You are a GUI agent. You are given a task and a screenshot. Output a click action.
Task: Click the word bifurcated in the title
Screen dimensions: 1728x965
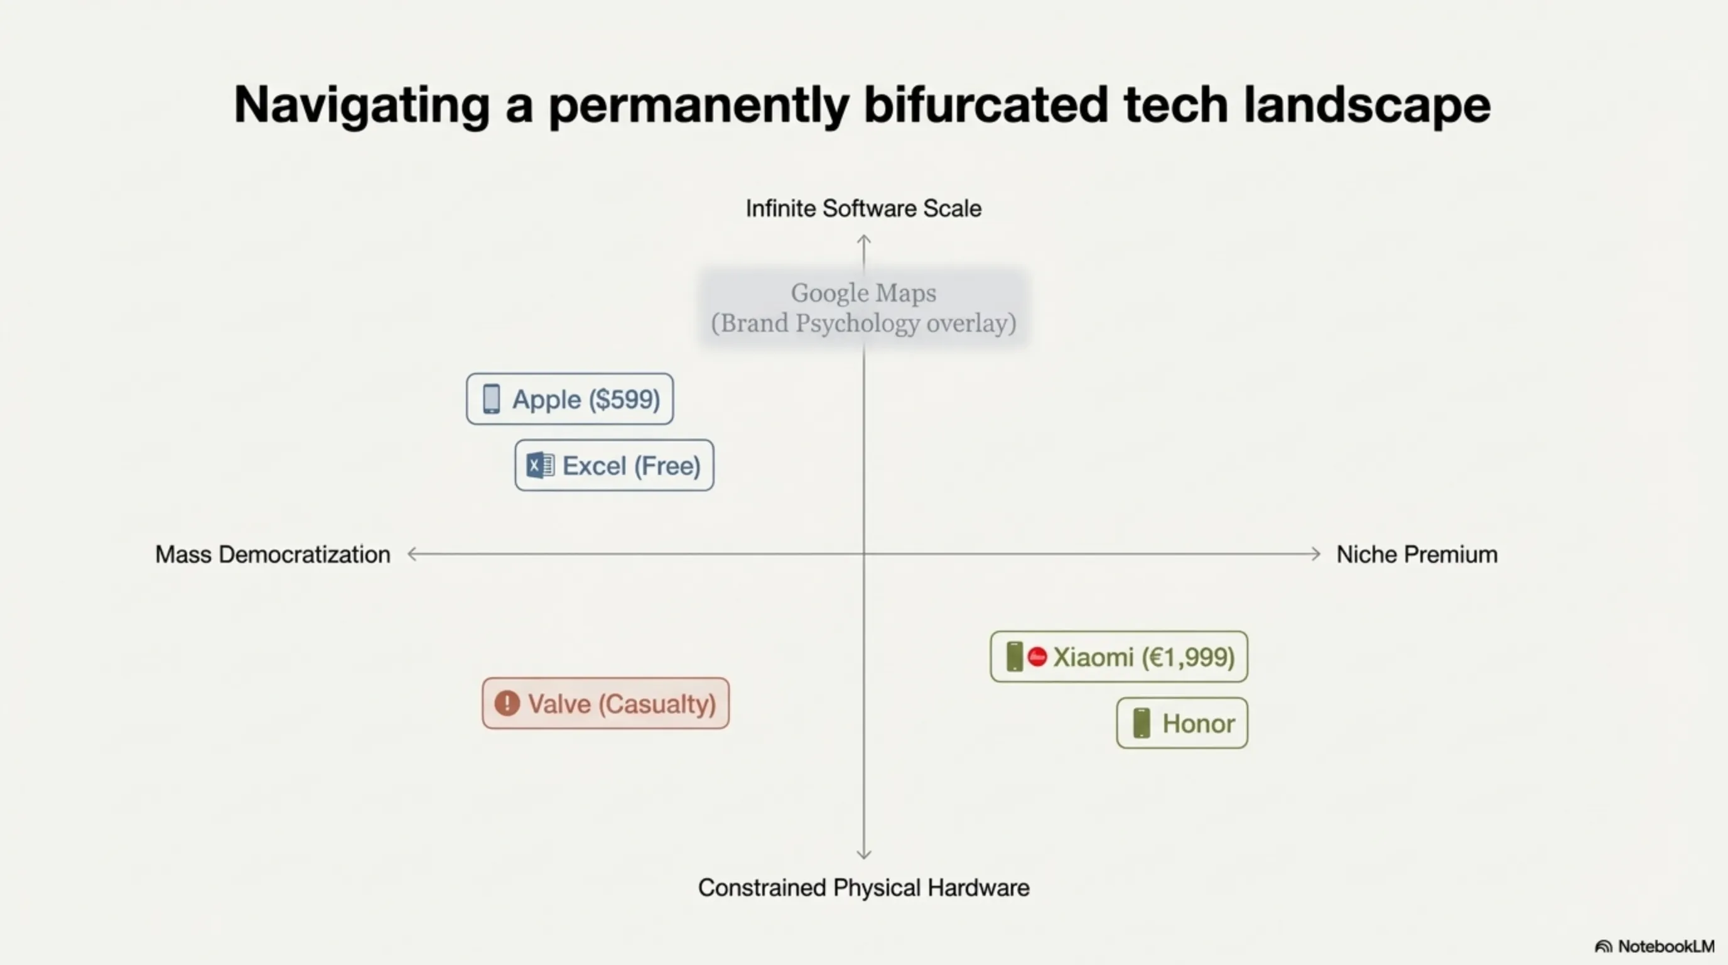click(985, 105)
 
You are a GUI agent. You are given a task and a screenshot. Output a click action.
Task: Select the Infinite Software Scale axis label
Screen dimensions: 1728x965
click(863, 209)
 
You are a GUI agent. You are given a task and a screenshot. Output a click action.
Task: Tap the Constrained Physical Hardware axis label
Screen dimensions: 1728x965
click(863, 888)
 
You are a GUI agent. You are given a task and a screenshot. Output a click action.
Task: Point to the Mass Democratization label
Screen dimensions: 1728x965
click(273, 554)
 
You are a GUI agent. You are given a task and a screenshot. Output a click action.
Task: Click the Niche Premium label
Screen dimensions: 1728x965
click(1417, 554)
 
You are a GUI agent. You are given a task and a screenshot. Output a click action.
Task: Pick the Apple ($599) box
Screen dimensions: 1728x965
click(570, 398)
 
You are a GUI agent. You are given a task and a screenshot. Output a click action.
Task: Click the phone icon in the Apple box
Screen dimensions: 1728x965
click(492, 398)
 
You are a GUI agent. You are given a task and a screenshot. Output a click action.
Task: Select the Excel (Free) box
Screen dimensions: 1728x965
click(615, 465)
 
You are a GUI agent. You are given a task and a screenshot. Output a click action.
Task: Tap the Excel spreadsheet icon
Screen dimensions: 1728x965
click(540, 465)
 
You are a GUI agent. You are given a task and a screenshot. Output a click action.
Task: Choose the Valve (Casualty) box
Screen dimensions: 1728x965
click(606, 703)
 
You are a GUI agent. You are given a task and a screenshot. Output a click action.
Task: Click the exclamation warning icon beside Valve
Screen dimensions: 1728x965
click(507, 703)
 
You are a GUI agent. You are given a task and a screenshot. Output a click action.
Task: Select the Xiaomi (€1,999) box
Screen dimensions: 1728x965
click(1119, 657)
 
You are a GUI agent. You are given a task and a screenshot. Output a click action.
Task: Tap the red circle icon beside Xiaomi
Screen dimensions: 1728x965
click(1037, 657)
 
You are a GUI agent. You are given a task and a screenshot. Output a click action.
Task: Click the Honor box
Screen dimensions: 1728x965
click(1182, 722)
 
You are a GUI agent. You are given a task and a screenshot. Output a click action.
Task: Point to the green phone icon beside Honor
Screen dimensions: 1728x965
click(1142, 722)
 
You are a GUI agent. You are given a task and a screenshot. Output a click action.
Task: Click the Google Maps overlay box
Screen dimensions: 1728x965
click(863, 308)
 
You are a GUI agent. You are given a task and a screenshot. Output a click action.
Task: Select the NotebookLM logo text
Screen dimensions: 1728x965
click(1666, 946)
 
